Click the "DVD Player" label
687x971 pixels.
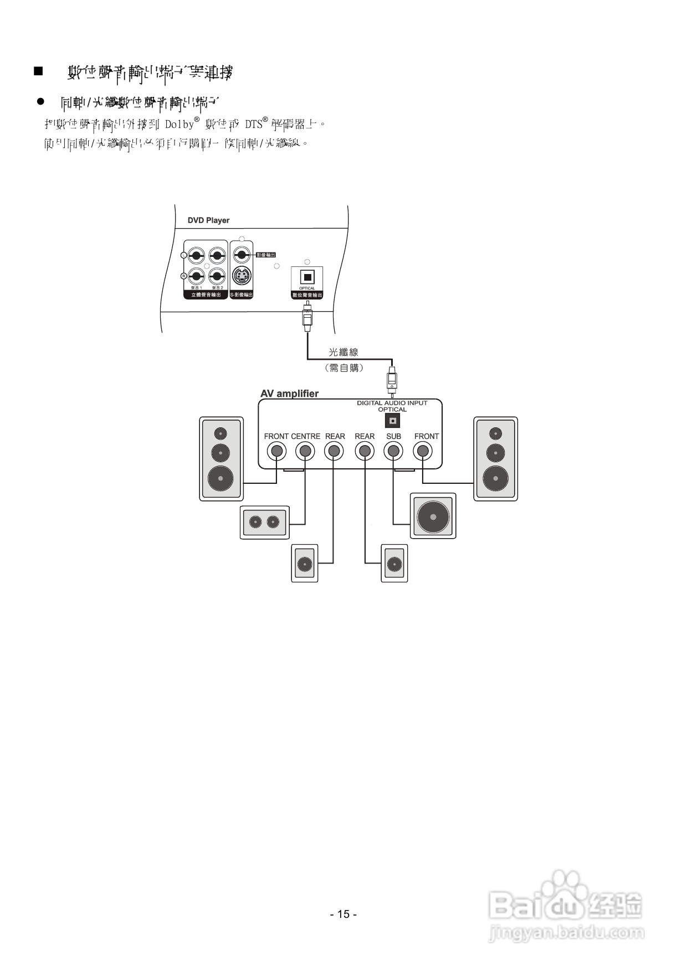point(208,220)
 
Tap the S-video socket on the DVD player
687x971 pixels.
point(241,275)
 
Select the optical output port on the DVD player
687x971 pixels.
point(307,277)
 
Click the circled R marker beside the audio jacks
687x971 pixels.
point(184,276)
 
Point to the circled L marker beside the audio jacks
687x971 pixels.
point(184,255)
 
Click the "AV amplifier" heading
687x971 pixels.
point(289,394)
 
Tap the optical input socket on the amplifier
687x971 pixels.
point(392,421)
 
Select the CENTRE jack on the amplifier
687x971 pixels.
point(305,451)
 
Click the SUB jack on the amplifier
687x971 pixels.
point(393,451)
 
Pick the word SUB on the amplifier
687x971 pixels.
point(393,436)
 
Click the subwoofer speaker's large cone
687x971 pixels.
point(433,517)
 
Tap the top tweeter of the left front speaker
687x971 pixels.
point(221,433)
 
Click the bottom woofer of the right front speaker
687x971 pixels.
point(495,478)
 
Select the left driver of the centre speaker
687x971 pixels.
point(255,521)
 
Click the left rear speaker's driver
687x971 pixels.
point(304,564)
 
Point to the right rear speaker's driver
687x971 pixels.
point(394,564)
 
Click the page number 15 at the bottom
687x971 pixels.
point(343,914)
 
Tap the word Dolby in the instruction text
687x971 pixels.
point(180,124)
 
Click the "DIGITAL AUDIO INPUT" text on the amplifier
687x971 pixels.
point(392,403)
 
